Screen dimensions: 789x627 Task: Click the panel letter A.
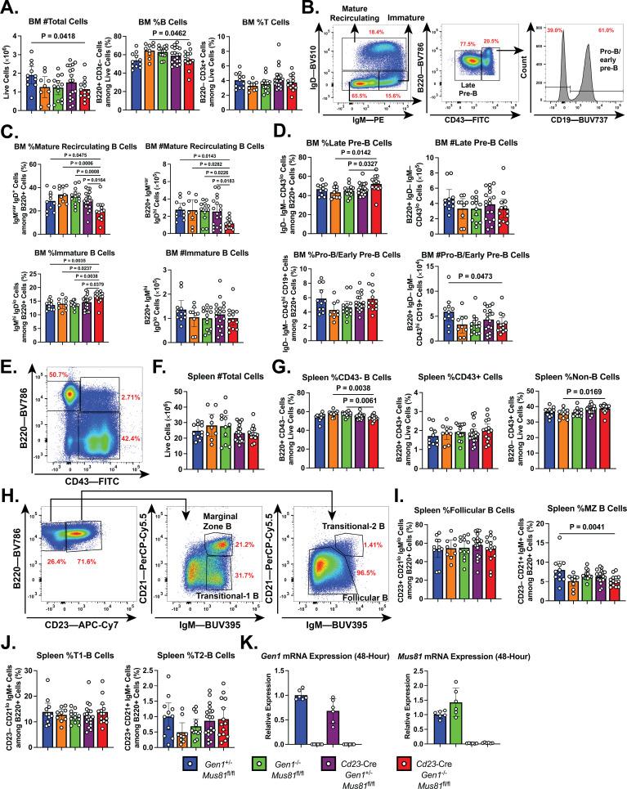9,7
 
